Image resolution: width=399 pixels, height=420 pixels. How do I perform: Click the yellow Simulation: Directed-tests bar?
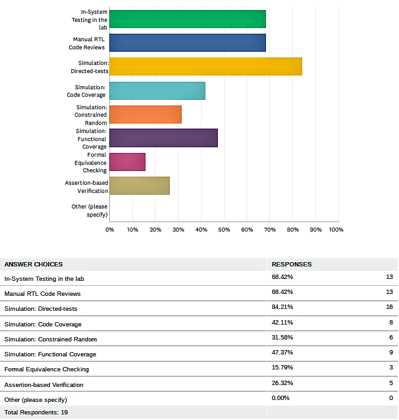pos(205,67)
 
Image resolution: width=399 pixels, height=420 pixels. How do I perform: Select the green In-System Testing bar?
pos(187,19)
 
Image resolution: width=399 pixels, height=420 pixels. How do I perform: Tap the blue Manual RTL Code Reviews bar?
pos(187,42)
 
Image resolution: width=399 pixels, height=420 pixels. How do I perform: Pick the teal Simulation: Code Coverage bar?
pos(157,91)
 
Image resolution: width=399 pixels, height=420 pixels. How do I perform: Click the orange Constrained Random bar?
pos(145,114)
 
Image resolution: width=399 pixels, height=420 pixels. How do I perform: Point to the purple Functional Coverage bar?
pos(164,138)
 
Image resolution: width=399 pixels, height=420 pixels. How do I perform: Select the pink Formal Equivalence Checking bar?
pos(127,162)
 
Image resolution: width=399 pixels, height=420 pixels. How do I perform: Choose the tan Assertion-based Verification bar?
pos(139,185)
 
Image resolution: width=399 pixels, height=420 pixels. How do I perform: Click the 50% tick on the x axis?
pos(224,230)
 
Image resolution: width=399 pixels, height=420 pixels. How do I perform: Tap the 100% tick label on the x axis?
pos(336,230)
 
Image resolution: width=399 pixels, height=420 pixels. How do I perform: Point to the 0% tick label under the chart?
pos(110,230)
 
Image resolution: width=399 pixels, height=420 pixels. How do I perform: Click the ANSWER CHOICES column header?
pos(34,265)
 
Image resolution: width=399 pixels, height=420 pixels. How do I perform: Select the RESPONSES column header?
pos(292,265)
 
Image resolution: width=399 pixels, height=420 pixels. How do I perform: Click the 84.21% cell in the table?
pos(282,307)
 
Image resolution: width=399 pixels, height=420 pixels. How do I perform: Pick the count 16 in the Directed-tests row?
pos(389,307)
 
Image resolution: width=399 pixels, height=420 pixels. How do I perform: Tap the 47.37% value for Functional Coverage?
pos(282,354)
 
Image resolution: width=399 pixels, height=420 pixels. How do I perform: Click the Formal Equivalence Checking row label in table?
pos(46,369)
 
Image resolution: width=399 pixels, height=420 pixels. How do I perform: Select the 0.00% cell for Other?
pos(281,398)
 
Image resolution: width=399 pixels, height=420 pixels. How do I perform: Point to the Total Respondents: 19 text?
pos(36,413)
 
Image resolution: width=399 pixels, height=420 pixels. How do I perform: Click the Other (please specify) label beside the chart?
pos(89,210)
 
